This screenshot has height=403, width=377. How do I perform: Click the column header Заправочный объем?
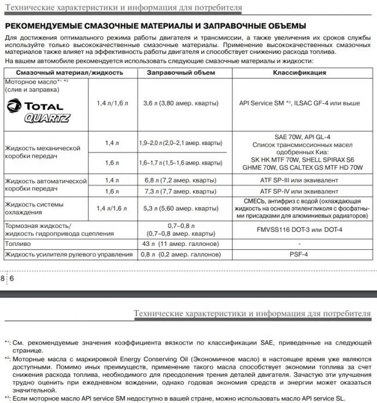pyautogui.click(x=181, y=72)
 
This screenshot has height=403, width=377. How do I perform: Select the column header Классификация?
pyautogui.click(x=299, y=72)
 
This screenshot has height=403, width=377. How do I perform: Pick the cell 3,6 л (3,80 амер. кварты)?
pyautogui.click(x=181, y=103)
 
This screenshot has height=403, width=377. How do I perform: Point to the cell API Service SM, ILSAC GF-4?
pyautogui.click(x=299, y=103)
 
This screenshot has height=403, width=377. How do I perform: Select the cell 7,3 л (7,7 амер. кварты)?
pyautogui.click(x=181, y=191)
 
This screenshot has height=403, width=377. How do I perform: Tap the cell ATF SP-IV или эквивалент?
pyautogui.click(x=299, y=191)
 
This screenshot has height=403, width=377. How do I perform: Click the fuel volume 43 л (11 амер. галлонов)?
pyautogui.click(x=181, y=244)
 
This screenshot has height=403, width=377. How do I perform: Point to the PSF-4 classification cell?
pyautogui.click(x=299, y=254)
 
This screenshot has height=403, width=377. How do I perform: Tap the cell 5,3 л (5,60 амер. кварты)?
pyautogui.click(x=181, y=208)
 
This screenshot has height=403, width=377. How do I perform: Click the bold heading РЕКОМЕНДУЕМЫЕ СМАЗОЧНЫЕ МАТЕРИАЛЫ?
pyautogui.click(x=155, y=27)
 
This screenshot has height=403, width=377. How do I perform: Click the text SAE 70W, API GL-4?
pyautogui.click(x=299, y=137)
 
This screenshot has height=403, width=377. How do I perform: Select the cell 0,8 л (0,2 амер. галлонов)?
pyautogui.click(x=181, y=254)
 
